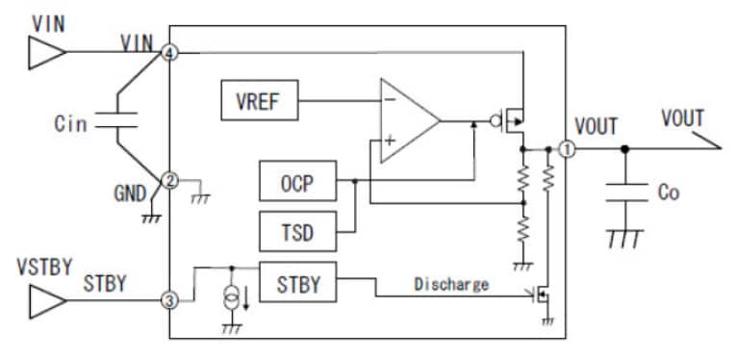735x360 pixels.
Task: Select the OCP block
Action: pos(297,181)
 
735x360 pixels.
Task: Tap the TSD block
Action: pos(297,232)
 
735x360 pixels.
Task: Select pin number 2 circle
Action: pos(170,180)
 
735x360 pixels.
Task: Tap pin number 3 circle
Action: pos(170,301)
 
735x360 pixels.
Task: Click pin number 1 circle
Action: pos(567,149)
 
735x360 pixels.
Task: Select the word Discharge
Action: pos(451,284)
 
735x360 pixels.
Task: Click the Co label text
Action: pos(668,193)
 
